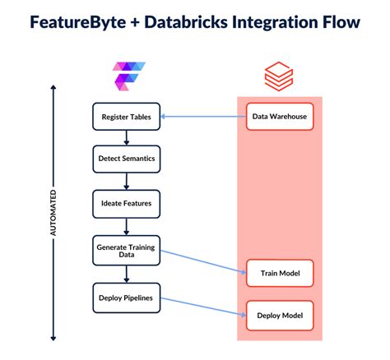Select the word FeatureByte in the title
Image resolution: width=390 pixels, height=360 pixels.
pos(76,22)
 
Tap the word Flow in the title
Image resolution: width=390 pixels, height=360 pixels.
pos(341,22)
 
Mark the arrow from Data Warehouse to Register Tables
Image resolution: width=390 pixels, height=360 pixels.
pos(202,116)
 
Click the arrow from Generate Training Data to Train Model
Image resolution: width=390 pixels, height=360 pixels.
pos(202,259)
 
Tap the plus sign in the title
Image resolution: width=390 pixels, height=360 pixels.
pos(137,23)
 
